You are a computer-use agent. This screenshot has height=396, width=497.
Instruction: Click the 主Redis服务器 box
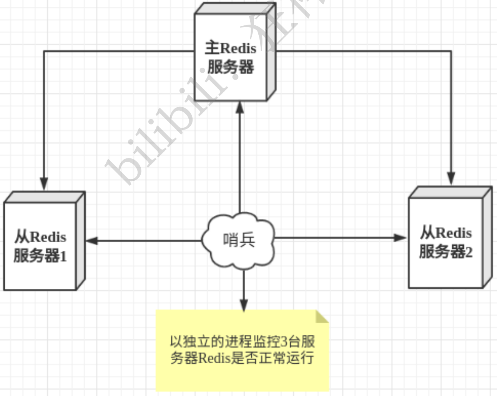click(x=231, y=58)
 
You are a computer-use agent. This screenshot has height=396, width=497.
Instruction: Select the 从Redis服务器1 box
click(x=40, y=246)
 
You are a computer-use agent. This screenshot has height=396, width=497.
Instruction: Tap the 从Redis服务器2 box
click(x=446, y=242)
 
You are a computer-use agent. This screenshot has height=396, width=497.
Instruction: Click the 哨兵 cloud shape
click(x=239, y=240)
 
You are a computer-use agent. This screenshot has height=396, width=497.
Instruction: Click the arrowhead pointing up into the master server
click(x=240, y=108)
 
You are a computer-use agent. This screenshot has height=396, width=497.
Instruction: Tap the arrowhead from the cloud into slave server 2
click(x=401, y=238)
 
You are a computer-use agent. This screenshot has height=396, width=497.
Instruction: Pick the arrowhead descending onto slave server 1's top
click(x=44, y=183)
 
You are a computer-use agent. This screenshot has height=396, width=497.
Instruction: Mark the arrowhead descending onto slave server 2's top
click(x=451, y=178)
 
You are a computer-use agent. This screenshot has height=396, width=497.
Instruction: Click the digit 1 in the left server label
click(x=63, y=256)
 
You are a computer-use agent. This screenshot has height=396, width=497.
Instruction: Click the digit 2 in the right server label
click(x=469, y=253)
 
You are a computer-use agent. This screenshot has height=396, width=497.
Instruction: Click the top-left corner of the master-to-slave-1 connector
click(x=44, y=51)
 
